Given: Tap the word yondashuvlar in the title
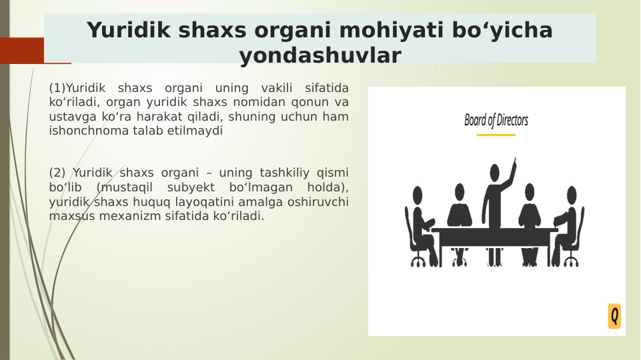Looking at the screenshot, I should [x=320, y=56].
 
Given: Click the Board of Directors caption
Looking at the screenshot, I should [x=496, y=121].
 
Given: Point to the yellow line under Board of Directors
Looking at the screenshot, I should [x=496, y=135].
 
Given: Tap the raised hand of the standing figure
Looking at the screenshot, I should [x=514, y=161].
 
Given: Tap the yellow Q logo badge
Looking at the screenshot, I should [x=614, y=316].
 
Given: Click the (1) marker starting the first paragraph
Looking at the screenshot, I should [x=57, y=88].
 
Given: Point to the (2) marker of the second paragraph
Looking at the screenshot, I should [x=57, y=173].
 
